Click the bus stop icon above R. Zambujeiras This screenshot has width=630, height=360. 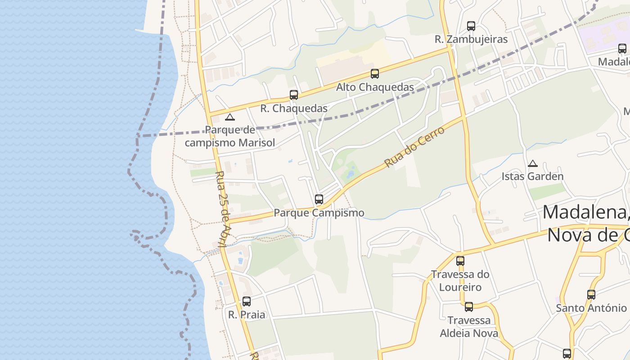[471, 26]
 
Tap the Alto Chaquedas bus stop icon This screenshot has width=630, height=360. [375, 74]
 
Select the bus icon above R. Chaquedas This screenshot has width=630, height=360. [294, 95]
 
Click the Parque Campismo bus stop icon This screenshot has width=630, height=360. [319, 199]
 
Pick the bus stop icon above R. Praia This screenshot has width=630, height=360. [247, 301]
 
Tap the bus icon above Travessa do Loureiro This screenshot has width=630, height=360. [460, 261]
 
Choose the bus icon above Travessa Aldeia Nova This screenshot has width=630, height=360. [469, 307]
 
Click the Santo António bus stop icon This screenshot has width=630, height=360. [591, 295]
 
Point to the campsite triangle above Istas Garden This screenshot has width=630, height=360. [533, 163]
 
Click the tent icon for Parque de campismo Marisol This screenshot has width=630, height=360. [230, 117]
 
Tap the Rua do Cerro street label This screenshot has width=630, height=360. [414, 147]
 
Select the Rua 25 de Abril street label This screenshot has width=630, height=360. [223, 208]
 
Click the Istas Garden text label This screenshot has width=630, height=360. [532, 176]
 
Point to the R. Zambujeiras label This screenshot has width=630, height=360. [471, 40]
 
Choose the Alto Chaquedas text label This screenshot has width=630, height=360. [375, 87]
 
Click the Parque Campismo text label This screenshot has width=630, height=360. [319, 212]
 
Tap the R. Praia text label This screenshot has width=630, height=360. [247, 315]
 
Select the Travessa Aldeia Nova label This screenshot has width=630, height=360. [469, 327]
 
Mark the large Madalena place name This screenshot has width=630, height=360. [585, 212]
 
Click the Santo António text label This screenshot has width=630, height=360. [591, 308]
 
